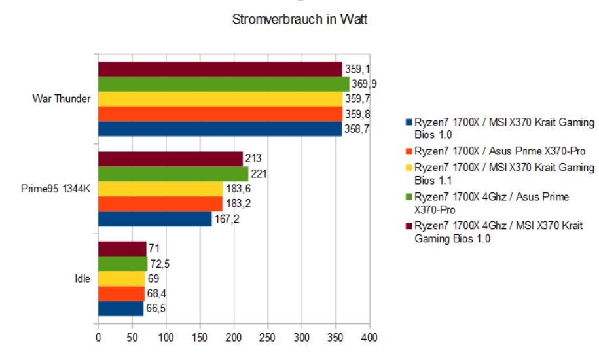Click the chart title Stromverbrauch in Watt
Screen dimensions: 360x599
pos(299,20)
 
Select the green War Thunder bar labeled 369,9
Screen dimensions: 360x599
pos(223,84)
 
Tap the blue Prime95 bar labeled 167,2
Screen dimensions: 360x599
pos(154,219)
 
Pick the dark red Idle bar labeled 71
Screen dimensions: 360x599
pos(122,249)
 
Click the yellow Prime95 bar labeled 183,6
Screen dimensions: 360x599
pos(160,189)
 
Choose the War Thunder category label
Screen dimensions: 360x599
pos(62,99)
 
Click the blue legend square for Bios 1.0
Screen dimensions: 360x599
pos(408,122)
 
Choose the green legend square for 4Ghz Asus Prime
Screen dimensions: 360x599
pos(408,197)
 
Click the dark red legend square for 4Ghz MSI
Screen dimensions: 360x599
pos(408,226)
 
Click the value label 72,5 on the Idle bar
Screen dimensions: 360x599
pos(160,264)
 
